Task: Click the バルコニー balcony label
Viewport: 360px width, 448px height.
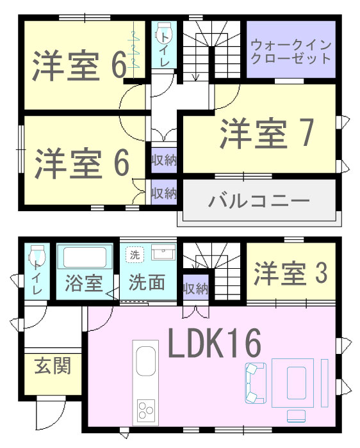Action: [x=259, y=201]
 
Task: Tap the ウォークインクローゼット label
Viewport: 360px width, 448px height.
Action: [x=291, y=52]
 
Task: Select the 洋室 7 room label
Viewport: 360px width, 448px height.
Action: [x=267, y=133]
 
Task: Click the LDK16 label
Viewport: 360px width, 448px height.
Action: [x=215, y=343]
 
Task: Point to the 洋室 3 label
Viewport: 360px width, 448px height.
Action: [x=290, y=273]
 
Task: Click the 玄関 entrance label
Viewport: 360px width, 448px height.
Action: [x=53, y=366]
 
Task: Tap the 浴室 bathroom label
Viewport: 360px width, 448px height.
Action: [x=84, y=283]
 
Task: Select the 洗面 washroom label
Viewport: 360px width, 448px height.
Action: [x=147, y=282]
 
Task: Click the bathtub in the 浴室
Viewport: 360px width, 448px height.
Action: [x=85, y=257]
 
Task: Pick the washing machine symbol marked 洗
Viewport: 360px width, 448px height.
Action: [x=135, y=254]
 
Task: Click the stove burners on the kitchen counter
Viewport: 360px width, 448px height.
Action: [x=146, y=410]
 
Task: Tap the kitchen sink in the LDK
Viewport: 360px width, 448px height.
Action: [x=146, y=361]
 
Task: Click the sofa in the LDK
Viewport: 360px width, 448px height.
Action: [x=256, y=383]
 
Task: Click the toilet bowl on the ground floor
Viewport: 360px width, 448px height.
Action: [x=37, y=254]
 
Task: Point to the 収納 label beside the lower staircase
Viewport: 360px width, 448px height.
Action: [x=195, y=289]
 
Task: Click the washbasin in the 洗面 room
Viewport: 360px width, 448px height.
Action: [x=163, y=252]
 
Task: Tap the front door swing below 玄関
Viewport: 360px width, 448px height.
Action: [x=51, y=414]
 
